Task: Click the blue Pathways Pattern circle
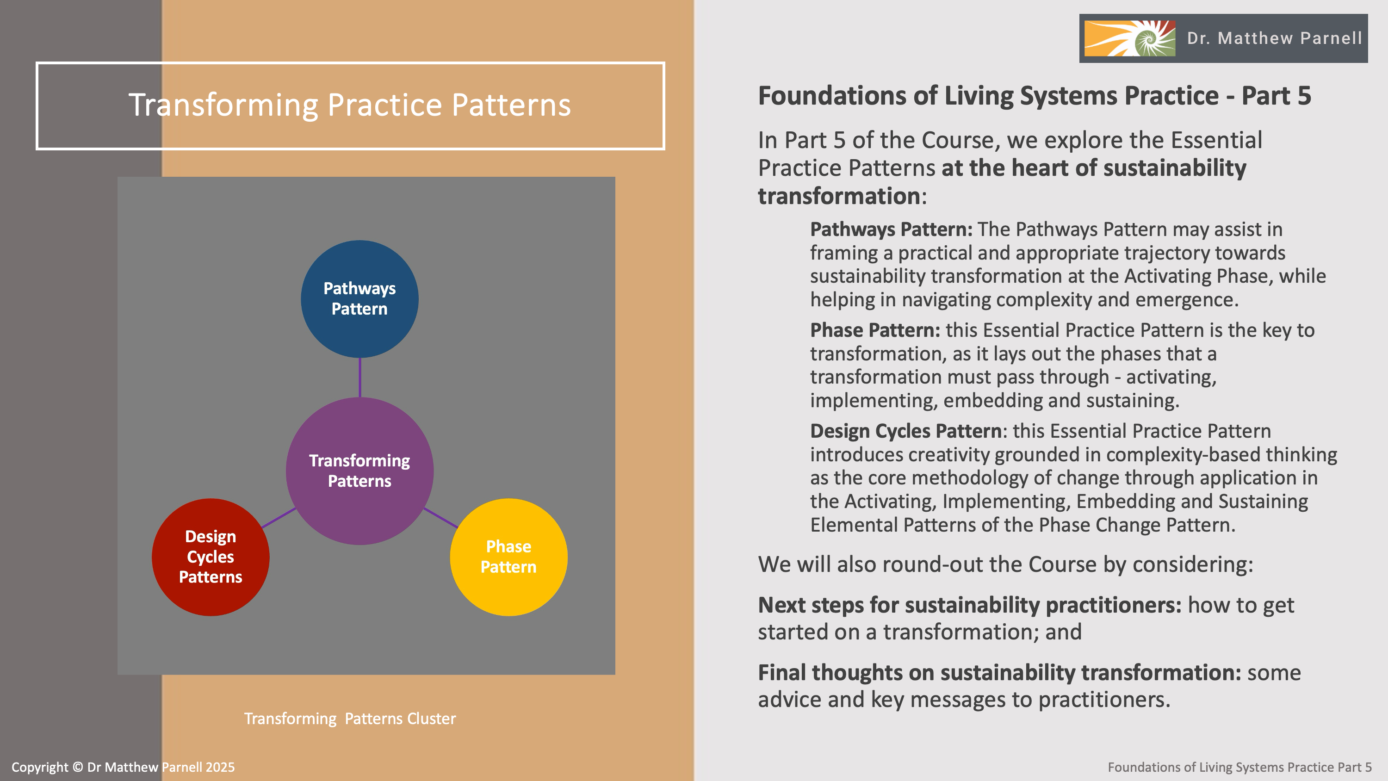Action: [x=359, y=298]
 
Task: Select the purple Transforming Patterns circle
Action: [x=359, y=471]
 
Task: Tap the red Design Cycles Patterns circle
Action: [x=210, y=557]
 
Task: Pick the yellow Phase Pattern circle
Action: [x=508, y=557]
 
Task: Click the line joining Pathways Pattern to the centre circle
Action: [x=360, y=377]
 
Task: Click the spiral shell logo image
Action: [x=1129, y=38]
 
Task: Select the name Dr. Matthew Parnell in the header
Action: [x=1274, y=38]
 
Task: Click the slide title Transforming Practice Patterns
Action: [x=350, y=105]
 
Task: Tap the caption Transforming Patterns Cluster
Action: [x=350, y=719]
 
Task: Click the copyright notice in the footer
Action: [x=123, y=767]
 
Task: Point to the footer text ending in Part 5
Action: [x=1239, y=767]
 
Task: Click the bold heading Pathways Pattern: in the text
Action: [x=891, y=229]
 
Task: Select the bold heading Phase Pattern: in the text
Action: [x=875, y=330]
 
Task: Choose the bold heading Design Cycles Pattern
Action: [x=905, y=431]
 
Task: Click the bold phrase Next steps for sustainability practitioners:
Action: [x=969, y=605]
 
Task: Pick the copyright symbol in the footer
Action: [x=78, y=767]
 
